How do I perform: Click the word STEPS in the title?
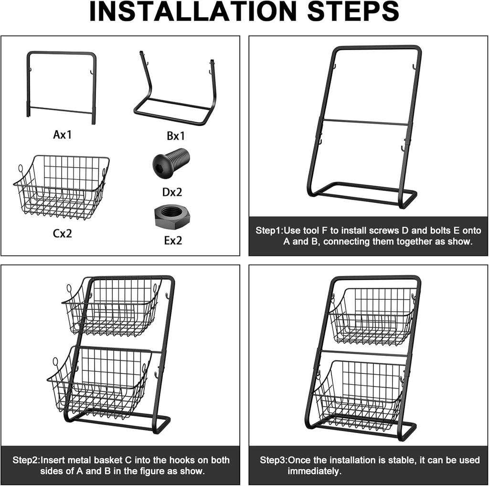click(x=353, y=11)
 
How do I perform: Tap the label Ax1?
click(x=62, y=135)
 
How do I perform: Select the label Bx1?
click(x=175, y=136)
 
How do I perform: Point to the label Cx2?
click(x=63, y=234)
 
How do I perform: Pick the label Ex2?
click(x=173, y=241)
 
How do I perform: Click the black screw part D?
click(x=171, y=163)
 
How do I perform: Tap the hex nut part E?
click(x=172, y=217)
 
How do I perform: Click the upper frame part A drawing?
click(x=61, y=84)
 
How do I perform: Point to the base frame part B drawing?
click(x=175, y=91)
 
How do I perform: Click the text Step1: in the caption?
click(x=269, y=231)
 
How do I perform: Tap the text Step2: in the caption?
click(x=26, y=460)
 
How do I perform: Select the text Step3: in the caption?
click(x=273, y=460)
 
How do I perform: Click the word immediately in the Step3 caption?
click(x=314, y=471)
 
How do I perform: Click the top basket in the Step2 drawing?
click(x=113, y=306)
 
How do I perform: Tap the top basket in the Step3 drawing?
click(x=372, y=315)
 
